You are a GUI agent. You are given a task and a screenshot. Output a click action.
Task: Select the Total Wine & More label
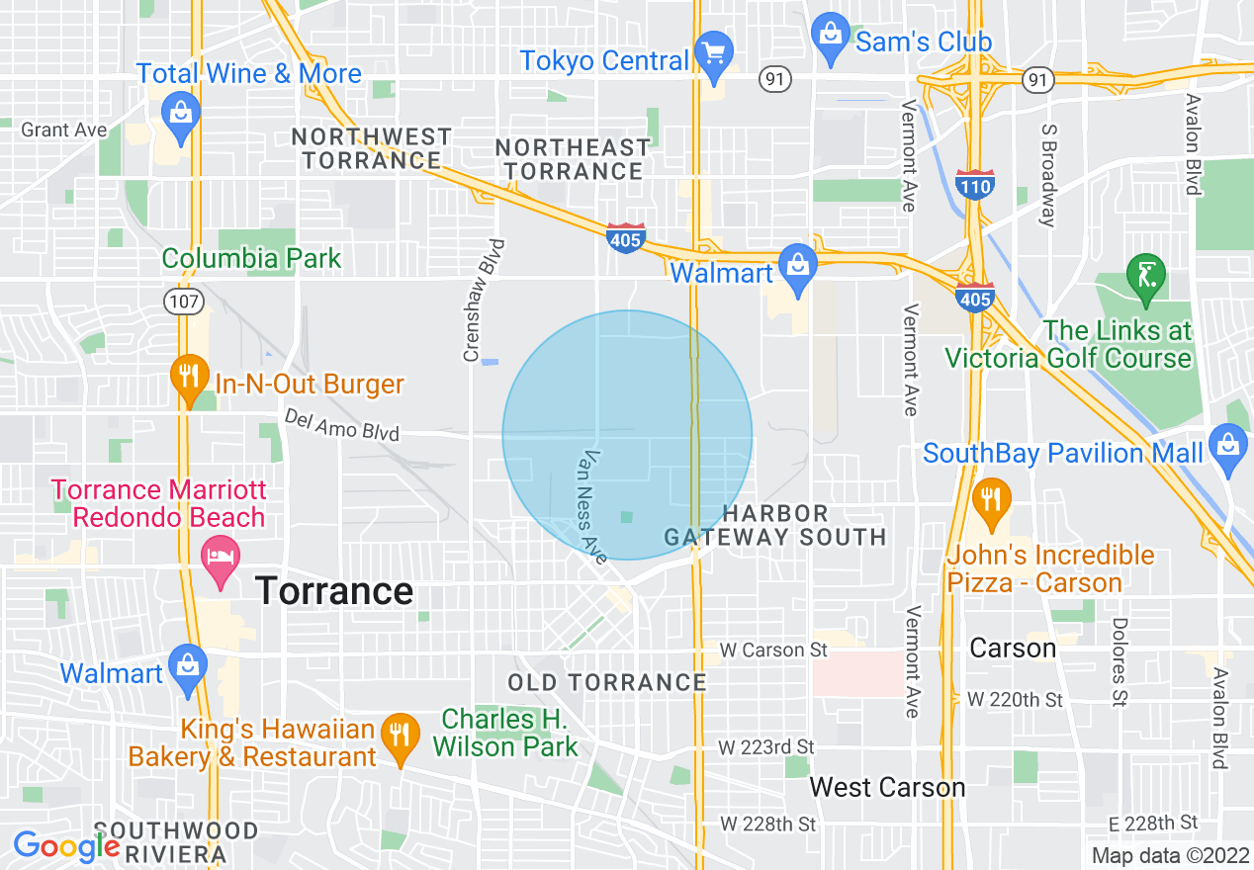coord(249,74)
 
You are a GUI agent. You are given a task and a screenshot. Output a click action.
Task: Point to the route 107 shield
coord(184,303)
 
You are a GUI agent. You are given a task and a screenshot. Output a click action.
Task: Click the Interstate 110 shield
coord(975,184)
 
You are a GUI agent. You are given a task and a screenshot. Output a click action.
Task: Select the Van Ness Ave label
coord(594,507)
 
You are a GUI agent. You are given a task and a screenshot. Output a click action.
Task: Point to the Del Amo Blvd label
coord(341,426)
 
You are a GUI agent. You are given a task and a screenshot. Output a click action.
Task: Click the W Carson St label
coord(773,650)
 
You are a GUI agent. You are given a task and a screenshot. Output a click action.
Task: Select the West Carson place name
coord(887,787)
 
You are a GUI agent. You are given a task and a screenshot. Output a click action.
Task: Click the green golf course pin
coord(1146,277)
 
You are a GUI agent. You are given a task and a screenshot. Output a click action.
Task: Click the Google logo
coord(66,846)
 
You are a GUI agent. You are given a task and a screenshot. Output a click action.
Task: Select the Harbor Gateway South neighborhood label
coord(774,525)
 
